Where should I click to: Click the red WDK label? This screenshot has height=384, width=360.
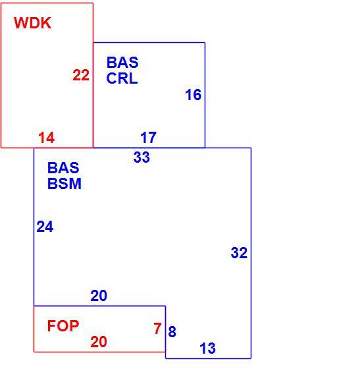click(x=32, y=23)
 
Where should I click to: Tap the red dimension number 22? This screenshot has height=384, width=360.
click(x=81, y=75)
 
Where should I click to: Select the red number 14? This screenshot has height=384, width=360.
click(x=46, y=138)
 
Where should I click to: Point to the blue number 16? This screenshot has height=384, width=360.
click(x=193, y=95)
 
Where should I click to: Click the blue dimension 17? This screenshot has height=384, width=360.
click(x=148, y=138)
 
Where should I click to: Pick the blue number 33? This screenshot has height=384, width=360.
click(x=141, y=157)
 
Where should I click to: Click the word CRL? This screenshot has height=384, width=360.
click(x=122, y=78)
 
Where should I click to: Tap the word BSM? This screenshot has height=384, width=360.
click(x=64, y=184)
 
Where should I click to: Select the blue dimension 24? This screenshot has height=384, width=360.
click(x=45, y=227)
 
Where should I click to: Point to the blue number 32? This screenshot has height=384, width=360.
click(x=239, y=253)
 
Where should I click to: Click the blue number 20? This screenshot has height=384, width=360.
click(x=99, y=296)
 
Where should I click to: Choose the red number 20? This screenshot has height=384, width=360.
click(x=99, y=342)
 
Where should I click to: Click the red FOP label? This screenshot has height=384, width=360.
click(x=63, y=326)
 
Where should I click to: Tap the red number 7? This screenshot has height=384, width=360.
click(x=157, y=329)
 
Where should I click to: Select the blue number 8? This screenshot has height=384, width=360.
click(x=172, y=332)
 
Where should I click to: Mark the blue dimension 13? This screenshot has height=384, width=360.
click(x=207, y=348)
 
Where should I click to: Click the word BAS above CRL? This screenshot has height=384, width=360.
click(x=122, y=63)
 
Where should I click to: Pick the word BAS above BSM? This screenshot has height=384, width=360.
click(x=63, y=168)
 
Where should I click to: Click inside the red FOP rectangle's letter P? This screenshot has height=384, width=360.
click(x=74, y=326)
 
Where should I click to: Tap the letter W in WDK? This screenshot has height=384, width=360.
click(x=20, y=23)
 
